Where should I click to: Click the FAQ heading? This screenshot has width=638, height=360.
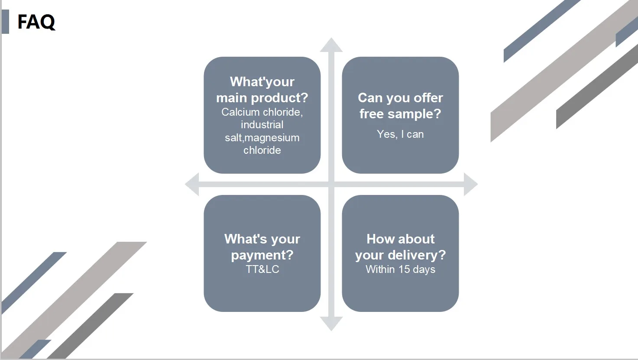pyautogui.click(x=36, y=22)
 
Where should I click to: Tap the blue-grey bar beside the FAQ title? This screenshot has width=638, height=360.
pyautogui.click(x=5, y=22)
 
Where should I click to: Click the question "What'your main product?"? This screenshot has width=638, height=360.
pyautogui.click(x=262, y=90)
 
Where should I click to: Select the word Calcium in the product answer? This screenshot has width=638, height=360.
pyautogui.click(x=240, y=112)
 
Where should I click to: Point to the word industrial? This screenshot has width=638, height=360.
pyautogui.click(x=262, y=125)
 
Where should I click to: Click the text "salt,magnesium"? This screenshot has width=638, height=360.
pyautogui.click(x=262, y=138)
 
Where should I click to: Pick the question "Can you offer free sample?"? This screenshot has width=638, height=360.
pyautogui.click(x=400, y=106)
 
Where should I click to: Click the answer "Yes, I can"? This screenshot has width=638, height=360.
pyautogui.click(x=400, y=134)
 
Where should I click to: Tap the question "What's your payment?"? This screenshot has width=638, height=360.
pyautogui.click(x=262, y=247)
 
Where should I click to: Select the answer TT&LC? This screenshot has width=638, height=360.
pyautogui.click(x=262, y=269)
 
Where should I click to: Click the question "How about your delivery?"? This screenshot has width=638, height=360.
pyautogui.click(x=400, y=247)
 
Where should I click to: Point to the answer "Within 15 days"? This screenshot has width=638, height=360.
pyautogui.click(x=400, y=269)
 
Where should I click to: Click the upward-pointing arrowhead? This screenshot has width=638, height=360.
pyautogui.click(x=331, y=45)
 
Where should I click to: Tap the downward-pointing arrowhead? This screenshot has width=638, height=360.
pyautogui.click(x=331, y=324)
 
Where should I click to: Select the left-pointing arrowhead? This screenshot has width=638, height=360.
pyautogui.click(x=192, y=184)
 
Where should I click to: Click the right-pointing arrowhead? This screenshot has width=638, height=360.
pyautogui.click(x=470, y=184)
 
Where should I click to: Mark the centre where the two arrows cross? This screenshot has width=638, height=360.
pyautogui.click(x=331, y=184)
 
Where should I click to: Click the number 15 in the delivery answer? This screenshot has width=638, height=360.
pyautogui.click(x=404, y=269)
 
